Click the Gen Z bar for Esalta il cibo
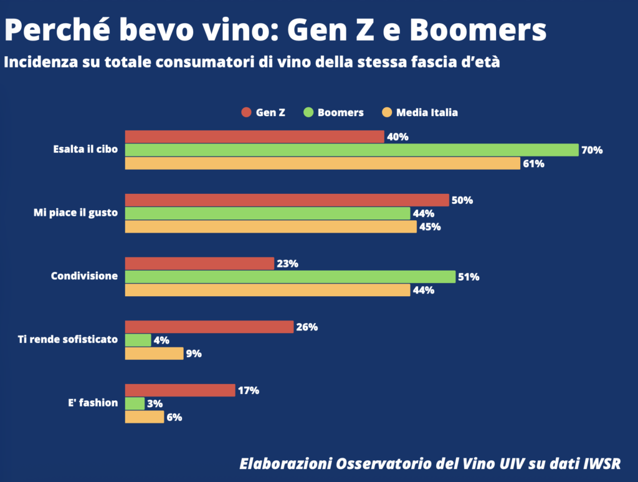[254, 137]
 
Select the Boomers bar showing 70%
[352, 150]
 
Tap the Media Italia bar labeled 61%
[322, 163]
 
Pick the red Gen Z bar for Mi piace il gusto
[287, 200]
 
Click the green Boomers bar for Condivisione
[290, 276]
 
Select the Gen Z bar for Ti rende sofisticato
[209, 327]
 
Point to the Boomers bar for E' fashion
[135, 403]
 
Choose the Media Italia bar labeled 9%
[154, 354]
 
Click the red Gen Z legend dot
[245, 113]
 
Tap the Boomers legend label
[340, 113]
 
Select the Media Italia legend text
[427, 113]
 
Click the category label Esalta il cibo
[85, 150]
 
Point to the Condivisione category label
[84, 276]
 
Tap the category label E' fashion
[93, 403]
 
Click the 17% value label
[248, 391]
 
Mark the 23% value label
[287, 264]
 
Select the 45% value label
[430, 227]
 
